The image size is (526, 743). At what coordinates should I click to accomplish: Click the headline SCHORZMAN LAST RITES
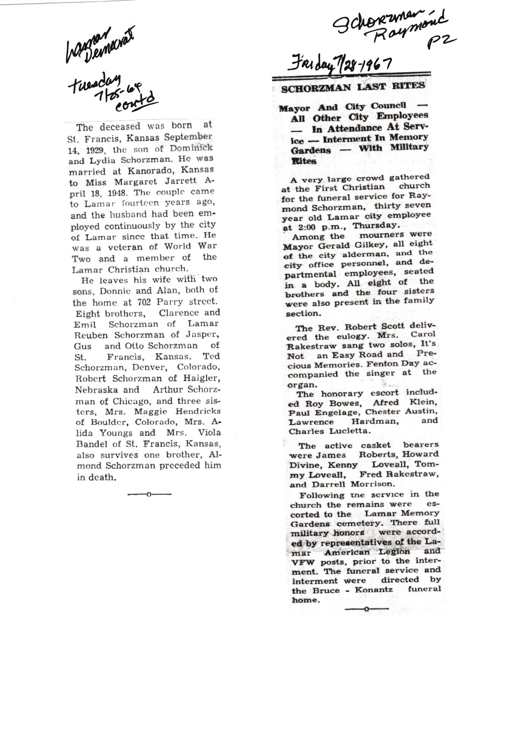click(x=353, y=87)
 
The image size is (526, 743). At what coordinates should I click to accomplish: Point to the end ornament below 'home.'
click(x=366, y=609)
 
